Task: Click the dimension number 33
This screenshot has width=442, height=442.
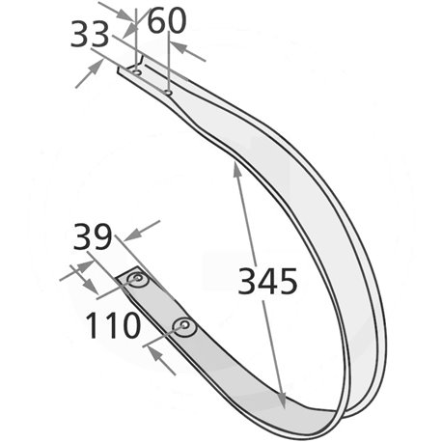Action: (x=90, y=34)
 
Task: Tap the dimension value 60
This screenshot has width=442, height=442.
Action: (x=167, y=21)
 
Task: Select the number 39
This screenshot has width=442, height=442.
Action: (x=93, y=236)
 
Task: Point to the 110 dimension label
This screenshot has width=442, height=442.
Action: (x=113, y=325)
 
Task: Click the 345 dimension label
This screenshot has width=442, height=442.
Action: (x=267, y=281)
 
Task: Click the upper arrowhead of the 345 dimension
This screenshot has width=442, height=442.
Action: (x=236, y=169)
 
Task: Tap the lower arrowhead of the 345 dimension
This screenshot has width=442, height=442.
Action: (x=282, y=401)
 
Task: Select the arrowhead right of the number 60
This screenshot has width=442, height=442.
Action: (x=179, y=47)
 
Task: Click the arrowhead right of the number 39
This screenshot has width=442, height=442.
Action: (x=132, y=235)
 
